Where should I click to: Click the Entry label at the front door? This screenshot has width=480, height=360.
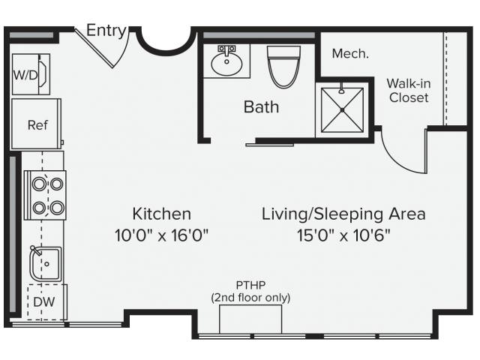click(106, 31)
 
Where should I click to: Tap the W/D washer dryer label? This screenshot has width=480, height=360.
click(25, 75)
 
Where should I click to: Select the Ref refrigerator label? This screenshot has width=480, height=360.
click(37, 125)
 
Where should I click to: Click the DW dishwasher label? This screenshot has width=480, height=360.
click(43, 301)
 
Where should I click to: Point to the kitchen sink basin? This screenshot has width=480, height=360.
click(46, 264)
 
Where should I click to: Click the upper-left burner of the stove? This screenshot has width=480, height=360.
click(40, 184)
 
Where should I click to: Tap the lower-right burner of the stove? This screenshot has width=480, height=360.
click(57, 208)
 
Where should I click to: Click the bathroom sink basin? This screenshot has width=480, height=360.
click(226, 64)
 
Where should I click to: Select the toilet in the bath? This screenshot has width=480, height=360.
click(283, 67)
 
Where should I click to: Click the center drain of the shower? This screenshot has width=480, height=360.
click(342, 110)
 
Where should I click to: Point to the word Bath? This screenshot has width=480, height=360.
click(261, 106)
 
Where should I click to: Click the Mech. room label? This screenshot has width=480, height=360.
click(350, 53)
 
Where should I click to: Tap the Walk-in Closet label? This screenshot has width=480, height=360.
click(409, 90)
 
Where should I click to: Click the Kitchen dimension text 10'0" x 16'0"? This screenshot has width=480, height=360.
click(161, 235)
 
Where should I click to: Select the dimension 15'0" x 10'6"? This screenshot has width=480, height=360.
click(343, 235)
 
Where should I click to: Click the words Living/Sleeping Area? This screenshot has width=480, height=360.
click(343, 214)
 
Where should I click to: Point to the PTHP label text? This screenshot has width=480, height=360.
click(250, 285)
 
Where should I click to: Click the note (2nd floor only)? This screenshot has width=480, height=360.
click(250, 298)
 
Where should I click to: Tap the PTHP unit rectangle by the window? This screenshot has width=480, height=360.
click(250, 319)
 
